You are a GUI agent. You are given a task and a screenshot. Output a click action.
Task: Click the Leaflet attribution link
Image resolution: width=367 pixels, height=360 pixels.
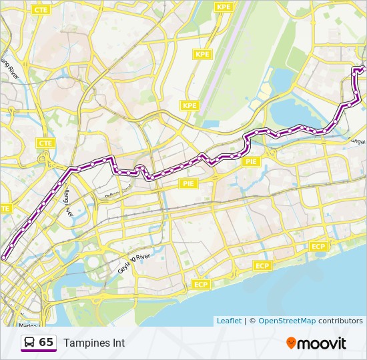pos(229,321)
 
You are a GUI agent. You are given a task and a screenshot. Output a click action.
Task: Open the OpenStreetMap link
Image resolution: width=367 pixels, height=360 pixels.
pos(286,321)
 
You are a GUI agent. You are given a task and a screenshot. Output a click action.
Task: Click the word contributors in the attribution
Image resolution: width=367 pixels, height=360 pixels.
pos(340,321)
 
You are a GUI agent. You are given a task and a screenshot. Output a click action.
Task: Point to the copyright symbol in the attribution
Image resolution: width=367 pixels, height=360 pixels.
pos(252,321)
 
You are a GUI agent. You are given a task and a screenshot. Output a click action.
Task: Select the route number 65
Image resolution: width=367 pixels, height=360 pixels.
pos(46,342)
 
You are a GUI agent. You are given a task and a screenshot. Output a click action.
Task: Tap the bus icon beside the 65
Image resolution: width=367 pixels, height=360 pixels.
pos(29,342)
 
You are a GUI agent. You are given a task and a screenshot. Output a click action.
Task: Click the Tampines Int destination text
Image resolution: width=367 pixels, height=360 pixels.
pos(94,343)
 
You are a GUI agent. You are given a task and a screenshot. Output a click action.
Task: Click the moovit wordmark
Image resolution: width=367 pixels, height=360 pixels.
pos(322,343)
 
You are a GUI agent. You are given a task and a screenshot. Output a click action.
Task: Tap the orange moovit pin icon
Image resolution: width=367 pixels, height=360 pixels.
pos(291,343)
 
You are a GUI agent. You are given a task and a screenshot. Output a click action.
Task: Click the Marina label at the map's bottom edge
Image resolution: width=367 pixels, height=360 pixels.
pos(28,325)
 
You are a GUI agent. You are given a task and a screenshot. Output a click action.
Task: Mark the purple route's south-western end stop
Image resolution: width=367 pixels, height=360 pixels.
pos(5,257)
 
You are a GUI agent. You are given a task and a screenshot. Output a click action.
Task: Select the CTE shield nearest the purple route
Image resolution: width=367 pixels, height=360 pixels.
pos(45,143)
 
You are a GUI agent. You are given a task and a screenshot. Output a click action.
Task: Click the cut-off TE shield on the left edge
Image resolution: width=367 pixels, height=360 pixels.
pos(4,209)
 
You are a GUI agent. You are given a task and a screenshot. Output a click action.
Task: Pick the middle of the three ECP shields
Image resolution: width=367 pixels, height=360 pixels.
pos(262,266)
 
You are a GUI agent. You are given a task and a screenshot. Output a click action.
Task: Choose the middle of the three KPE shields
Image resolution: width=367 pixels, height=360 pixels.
pos(202,54)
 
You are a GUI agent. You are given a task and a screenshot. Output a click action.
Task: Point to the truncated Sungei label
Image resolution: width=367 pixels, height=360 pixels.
pos(357,141)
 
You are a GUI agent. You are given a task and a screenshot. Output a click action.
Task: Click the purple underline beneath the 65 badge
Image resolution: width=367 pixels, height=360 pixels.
pos(38,351)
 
